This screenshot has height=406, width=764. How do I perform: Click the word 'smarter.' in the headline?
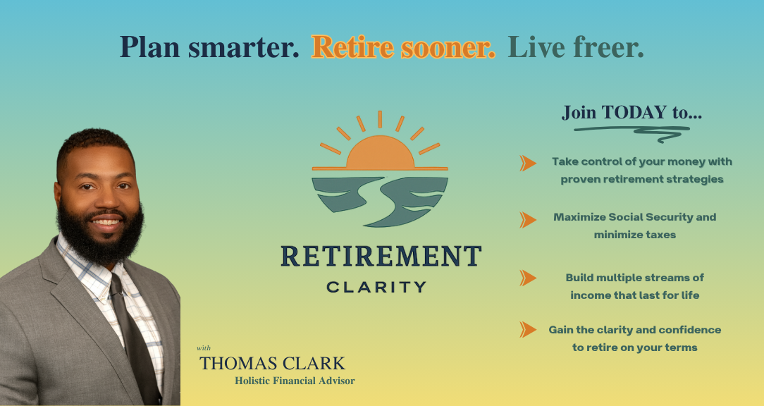(244, 48)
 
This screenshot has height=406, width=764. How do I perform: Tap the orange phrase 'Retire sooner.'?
(403, 47)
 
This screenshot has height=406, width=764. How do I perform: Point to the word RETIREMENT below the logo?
(381, 256)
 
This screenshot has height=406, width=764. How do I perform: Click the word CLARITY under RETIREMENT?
(376, 287)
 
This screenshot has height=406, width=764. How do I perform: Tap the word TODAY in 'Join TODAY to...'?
(634, 112)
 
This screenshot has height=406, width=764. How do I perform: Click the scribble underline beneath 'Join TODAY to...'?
(632, 130)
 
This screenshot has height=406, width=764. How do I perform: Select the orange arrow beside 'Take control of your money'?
(528, 164)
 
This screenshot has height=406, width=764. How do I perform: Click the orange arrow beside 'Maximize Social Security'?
(528, 220)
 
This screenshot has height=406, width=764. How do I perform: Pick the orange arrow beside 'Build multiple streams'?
(528, 278)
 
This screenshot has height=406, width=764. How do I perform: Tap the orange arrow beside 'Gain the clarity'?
(528, 329)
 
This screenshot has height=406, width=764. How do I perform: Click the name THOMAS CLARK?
(272, 364)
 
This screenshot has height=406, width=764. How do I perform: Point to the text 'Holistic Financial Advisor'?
(295, 381)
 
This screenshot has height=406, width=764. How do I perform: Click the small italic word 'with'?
(204, 348)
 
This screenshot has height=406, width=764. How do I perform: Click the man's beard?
(100, 233)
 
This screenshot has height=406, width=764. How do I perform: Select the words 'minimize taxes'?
(635, 235)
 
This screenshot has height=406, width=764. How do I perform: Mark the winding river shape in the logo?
(380, 201)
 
